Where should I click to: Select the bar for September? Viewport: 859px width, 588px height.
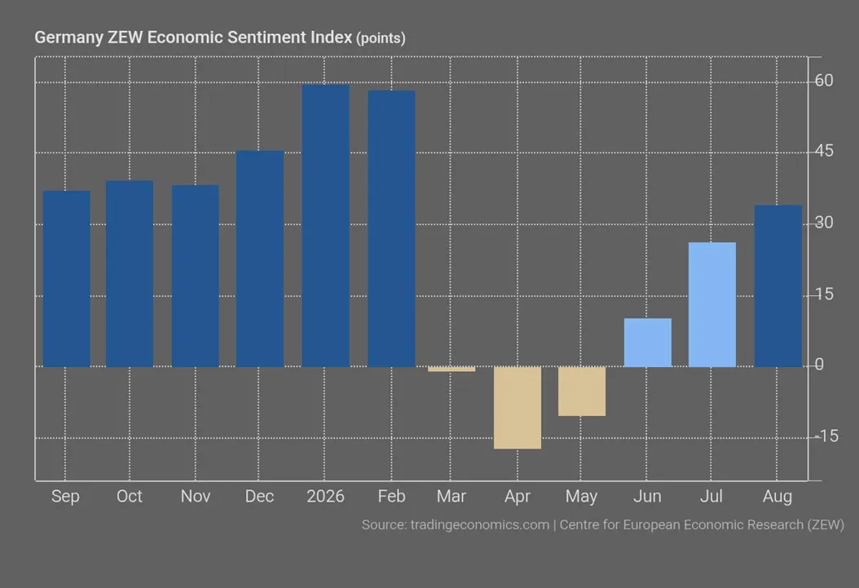(66, 278)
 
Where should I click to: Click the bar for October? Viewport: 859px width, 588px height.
(130, 273)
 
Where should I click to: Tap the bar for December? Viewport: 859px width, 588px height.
(260, 259)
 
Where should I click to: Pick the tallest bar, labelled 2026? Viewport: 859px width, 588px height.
(325, 226)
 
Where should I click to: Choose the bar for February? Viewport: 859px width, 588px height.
(391, 228)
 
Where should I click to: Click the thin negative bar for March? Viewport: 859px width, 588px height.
(452, 369)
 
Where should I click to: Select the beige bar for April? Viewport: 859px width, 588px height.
(518, 408)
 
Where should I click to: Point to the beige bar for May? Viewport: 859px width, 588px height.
(582, 391)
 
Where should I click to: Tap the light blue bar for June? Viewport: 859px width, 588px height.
(648, 343)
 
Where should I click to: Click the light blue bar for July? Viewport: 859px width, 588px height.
(712, 305)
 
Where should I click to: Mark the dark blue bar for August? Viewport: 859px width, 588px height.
(778, 286)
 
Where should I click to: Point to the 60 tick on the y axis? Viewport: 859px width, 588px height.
(824, 81)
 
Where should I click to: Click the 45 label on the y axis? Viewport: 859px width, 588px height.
(824, 151)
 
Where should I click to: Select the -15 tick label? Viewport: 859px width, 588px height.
(826, 436)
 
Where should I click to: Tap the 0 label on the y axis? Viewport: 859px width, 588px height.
(819, 365)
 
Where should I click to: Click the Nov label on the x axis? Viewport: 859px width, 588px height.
(196, 496)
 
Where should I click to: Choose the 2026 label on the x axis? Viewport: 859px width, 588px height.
(325, 496)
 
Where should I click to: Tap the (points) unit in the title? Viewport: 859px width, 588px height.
(381, 38)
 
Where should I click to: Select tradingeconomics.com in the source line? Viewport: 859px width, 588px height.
(480, 525)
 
